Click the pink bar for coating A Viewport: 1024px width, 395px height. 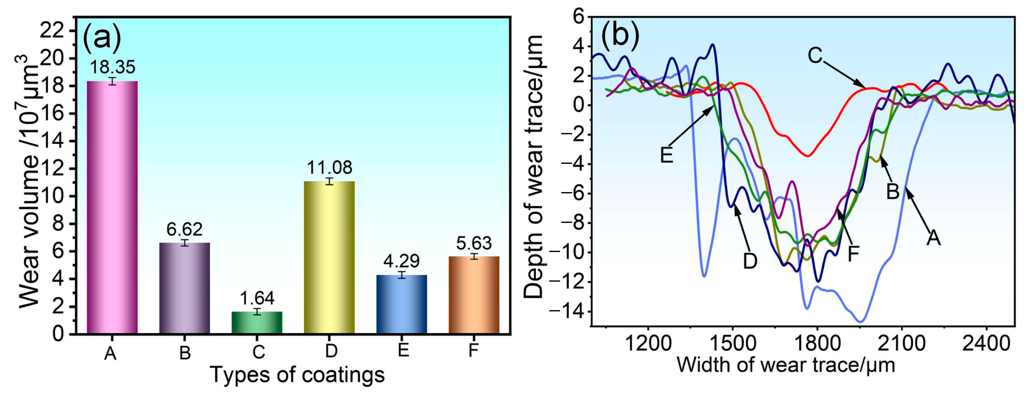[112, 207]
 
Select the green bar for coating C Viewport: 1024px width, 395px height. [257, 322]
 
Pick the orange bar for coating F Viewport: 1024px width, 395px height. [474, 294]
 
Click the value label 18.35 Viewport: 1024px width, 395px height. [112, 67]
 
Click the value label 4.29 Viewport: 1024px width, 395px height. [401, 261]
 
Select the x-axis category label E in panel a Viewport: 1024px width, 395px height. [403, 350]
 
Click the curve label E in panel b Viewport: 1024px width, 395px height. [667, 155]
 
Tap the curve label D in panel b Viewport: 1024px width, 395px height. [750, 261]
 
